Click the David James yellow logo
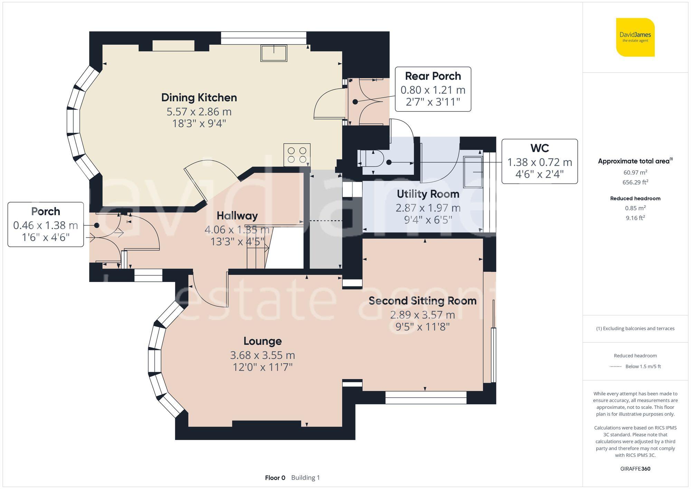(x=635, y=37)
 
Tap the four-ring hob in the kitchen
(x=297, y=154)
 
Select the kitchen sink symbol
(x=274, y=53)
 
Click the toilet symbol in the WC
(x=371, y=162)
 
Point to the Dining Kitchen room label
(x=199, y=97)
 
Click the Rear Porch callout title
(x=433, y=76)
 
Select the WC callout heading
(x=540, y=148)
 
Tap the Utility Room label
(x=428, y=194)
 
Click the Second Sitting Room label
(x=423, y=301)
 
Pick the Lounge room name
(x=263, y=341)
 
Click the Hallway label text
(x=237, y=216)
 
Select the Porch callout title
(x=46, y=211)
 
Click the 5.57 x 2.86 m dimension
(x=199, y=112)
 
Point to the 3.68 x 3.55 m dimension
(x=263, y=355)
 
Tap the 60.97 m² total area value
(x=635, y=172)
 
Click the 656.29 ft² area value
(x=635, y=182)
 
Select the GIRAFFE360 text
(x=635, y=469)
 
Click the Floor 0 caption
(x=275, y=478)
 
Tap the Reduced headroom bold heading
(x=635, y=198)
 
